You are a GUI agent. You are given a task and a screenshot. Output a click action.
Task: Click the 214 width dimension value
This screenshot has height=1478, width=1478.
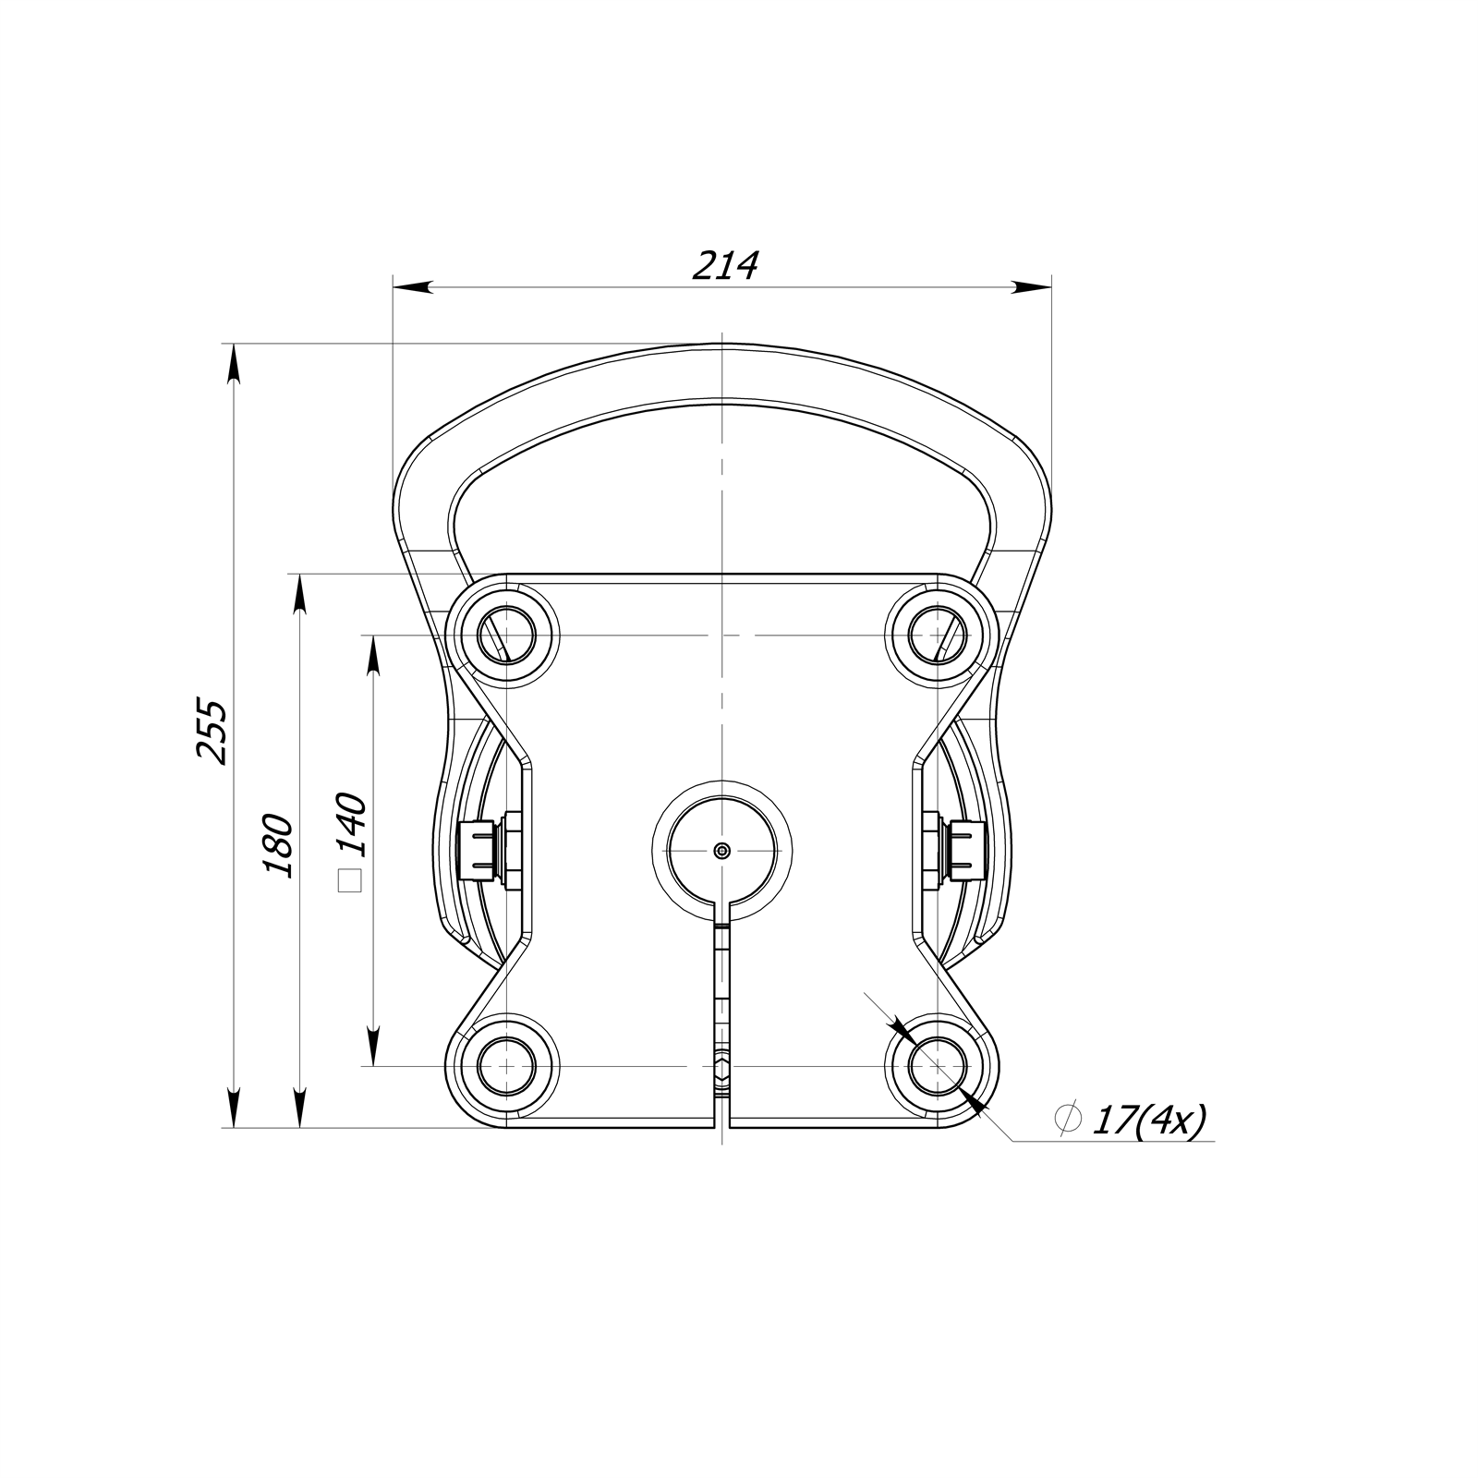point(725,266)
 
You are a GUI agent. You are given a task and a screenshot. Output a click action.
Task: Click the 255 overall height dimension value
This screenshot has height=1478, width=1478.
point(212,731)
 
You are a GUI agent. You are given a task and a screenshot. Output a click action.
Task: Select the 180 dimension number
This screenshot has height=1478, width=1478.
point(278,845)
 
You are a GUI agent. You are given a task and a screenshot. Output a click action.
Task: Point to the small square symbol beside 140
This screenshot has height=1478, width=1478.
point(350,881)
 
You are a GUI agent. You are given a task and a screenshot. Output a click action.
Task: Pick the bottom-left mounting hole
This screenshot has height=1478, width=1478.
point(506,1066)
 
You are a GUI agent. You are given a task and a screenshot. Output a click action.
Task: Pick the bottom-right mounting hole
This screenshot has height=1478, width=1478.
point(937,1066)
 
